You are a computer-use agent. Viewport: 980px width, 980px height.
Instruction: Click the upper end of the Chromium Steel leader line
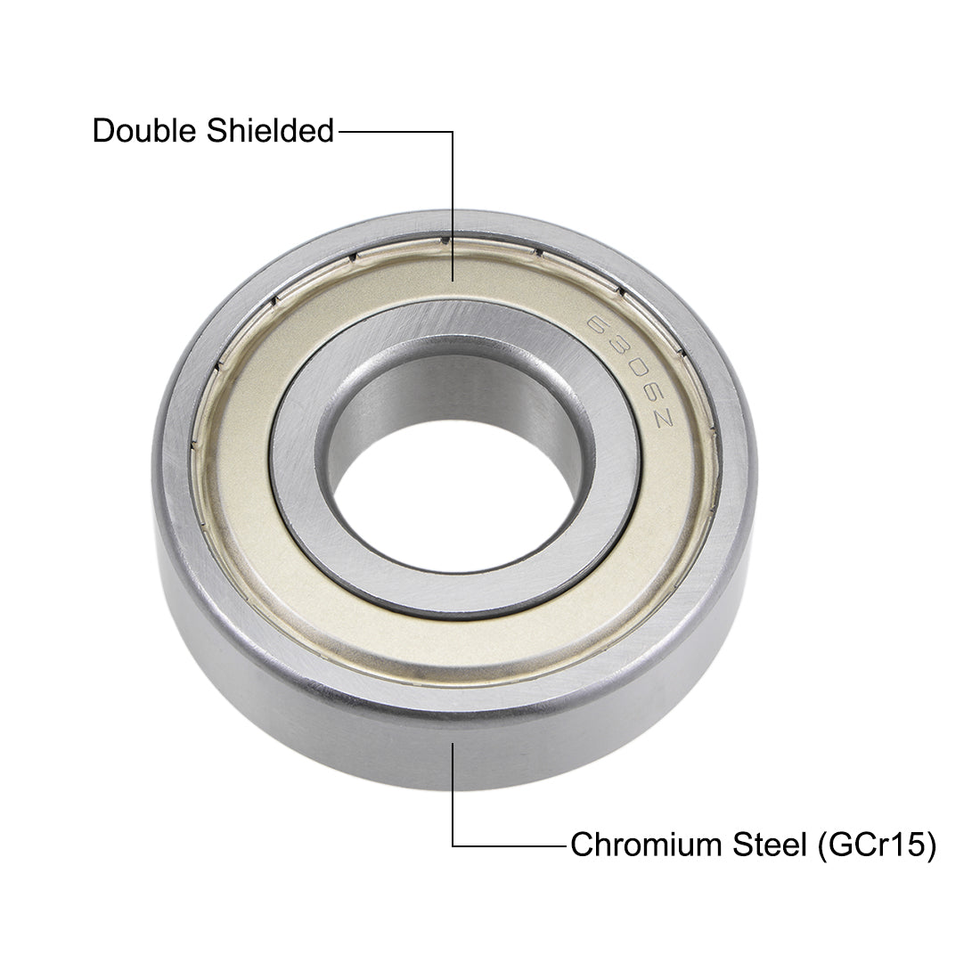pos(453,741)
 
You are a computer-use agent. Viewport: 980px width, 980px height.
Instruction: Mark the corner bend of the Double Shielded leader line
pos(453,133)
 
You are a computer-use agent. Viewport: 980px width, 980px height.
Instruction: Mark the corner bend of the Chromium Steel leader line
pos(453,845)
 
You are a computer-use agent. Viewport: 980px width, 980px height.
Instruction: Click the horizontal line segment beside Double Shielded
pos(396,133)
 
